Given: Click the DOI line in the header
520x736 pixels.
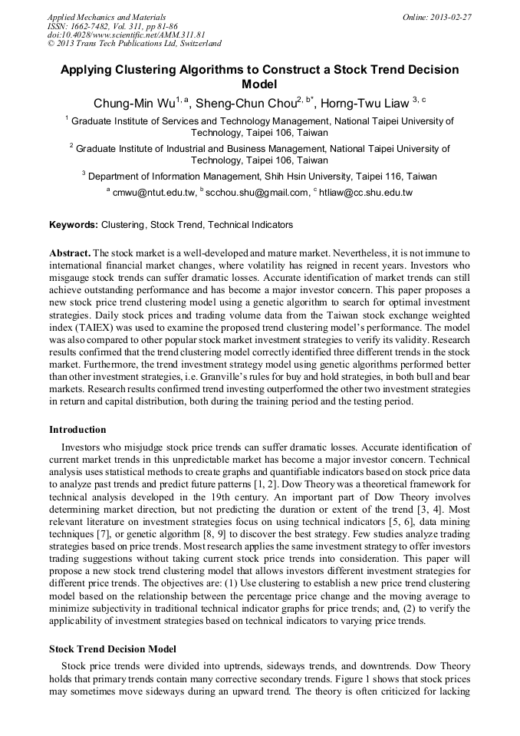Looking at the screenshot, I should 127,35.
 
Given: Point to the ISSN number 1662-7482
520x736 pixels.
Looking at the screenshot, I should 101,26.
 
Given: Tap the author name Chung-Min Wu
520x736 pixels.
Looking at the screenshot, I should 123,104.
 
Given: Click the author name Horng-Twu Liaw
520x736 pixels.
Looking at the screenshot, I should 364,104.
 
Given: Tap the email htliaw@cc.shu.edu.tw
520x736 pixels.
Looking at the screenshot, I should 366,193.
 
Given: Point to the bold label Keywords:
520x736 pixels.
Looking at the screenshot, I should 74,225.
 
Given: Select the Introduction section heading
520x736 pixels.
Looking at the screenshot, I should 77,430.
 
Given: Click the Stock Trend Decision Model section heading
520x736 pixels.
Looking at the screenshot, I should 113,649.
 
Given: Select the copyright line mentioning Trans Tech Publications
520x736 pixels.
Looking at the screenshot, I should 134,44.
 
